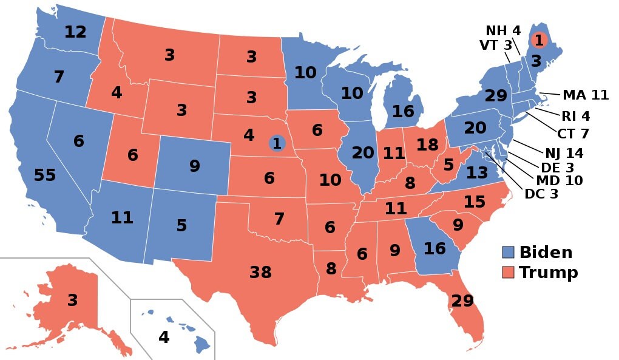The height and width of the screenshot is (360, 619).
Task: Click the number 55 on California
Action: (x=45, y=175)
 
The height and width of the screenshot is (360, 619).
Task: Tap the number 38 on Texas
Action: (x=260, y=273)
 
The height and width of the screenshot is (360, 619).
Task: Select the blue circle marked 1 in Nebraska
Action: (x=277, y=143)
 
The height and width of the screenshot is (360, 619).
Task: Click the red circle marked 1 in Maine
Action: (x=538, y=40)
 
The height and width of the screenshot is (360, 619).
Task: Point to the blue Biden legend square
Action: (x=509, y=253)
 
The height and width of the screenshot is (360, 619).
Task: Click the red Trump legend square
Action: (x=509, y=272)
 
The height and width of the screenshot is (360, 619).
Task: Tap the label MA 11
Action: (x=585, y=95)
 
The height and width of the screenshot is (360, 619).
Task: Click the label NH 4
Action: (x=503, y=30)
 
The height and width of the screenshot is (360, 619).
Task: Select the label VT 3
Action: (x=496, y=45)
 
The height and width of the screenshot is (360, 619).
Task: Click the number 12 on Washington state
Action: (x=75, y=32)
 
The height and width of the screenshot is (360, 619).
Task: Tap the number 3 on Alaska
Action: (x=73, y=300)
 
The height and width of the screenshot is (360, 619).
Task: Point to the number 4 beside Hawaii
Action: (x=164, y=337)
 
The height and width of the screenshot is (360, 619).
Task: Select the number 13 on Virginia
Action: (x=477, y=172)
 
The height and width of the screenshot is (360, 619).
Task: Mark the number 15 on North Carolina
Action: (x=474, y=202)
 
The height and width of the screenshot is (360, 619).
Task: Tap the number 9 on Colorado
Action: (x=194, y=166)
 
